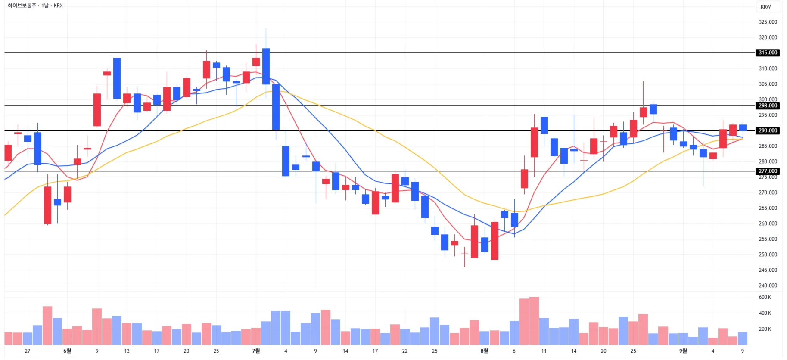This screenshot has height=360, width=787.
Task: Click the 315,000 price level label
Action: pyautogui.click(x=768, y=53)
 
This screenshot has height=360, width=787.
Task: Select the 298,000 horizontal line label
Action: pyautogui.click(x=768, y=106)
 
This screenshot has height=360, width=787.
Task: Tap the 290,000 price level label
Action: pyautogui.click(x=768, y=130)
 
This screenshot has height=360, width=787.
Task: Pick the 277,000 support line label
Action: pyautogui.click(x=768, y=171)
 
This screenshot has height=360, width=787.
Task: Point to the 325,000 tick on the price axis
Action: pyautogui.click(x=768, y=22)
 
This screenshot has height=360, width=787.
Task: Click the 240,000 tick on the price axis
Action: pyautogui.click(x=768, y=286)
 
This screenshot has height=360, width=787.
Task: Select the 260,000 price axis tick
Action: pyautogui.click(x=768, y=223)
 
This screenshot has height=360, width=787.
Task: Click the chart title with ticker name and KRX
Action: pyautogui.click(x=35, y=6)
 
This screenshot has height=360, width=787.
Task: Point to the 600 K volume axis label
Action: pyautogui.click(x=765, y=297)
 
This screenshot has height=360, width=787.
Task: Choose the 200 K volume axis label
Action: pyautogui.click(x=765, y=329)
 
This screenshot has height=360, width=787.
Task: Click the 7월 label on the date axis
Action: pyautogui.click(x=256, y=351)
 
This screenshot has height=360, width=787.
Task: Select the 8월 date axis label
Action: pyautogui.click(x=484, y=351)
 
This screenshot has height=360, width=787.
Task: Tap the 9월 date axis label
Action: pyautogui.click(x=683, y=351)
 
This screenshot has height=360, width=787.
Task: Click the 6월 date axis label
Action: pyautogui.click(x=67, y=351)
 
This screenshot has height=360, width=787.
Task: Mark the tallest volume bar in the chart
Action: pyautogui.click(x=534, y=321)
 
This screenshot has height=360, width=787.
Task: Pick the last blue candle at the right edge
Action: pyautogui.click(x=743, y=127)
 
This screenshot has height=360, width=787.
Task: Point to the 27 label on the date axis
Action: pyautogui.click(x=28, y=351)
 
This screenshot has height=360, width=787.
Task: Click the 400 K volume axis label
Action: pyautogui.click(x=765, y=313)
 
